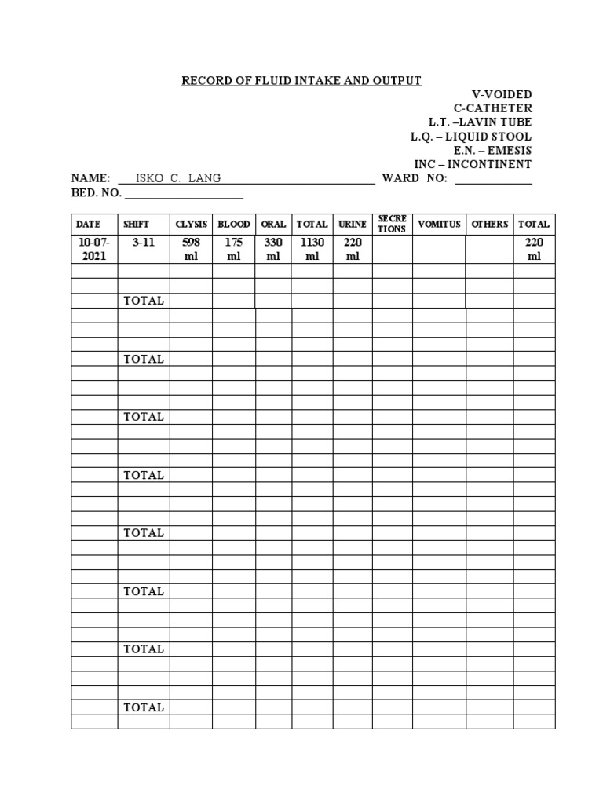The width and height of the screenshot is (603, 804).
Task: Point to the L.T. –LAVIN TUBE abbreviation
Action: coord(480,122)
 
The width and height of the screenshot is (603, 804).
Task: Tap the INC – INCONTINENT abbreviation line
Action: coord(473,165)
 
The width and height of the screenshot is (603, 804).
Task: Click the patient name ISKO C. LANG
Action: coord(178,178)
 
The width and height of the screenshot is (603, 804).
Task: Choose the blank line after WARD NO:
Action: coord(494,180)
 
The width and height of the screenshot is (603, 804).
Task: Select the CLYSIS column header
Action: coord(191,225)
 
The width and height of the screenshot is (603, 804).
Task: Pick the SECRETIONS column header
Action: coord(392,224)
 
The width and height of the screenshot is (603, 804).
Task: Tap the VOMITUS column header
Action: coord(439,225)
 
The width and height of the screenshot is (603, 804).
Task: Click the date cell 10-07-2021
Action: coord(94,250)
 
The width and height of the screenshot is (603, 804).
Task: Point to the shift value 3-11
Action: coord(144,243)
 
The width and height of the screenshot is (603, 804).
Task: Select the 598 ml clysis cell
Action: coord(191,250)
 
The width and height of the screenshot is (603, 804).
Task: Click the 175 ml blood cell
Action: coord(233,250)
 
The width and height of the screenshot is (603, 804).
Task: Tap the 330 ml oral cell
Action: coord(273,250)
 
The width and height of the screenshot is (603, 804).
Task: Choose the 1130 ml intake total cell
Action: coord(312,250)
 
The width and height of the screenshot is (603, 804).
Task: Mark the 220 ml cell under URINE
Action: coord(353,250)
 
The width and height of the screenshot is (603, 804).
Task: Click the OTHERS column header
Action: coord(490,225)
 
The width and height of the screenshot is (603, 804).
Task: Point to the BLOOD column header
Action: coord(233,225)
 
